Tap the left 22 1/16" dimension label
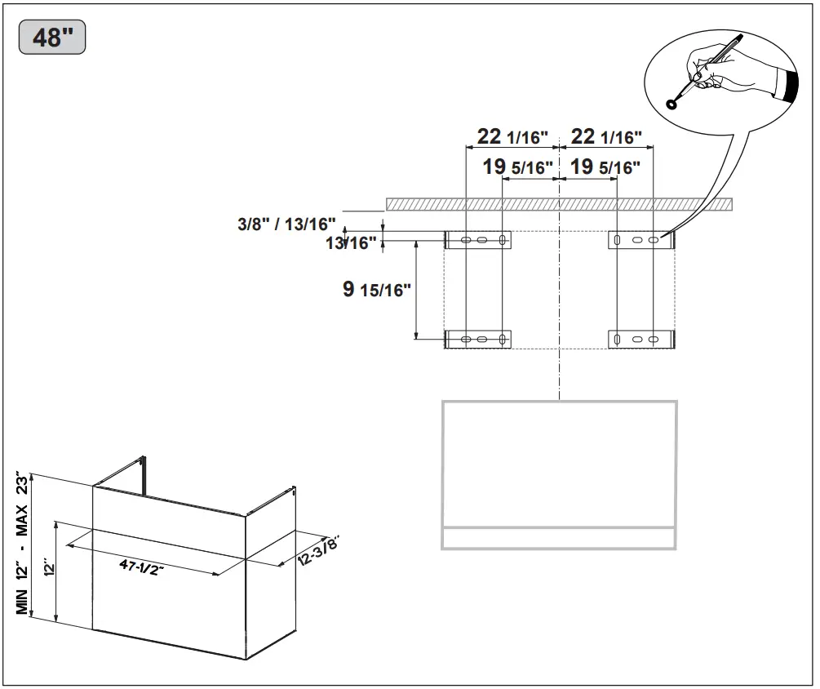[x=512, y=136]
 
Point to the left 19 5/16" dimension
[x=517, y=167]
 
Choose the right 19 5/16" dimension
[x=604, y=167]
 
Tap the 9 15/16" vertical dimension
[x=376, y=290]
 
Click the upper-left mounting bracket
[x=478, y=240]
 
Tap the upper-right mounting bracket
[x=642, y=240]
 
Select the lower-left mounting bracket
[x=478, y=339]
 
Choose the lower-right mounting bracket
[x=642, y=339]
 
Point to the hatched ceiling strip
[x=560, y=204]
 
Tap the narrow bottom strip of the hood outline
[x=559, y=538]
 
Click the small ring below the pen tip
[x=672, y=103]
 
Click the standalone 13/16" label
[x=352, y=242]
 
